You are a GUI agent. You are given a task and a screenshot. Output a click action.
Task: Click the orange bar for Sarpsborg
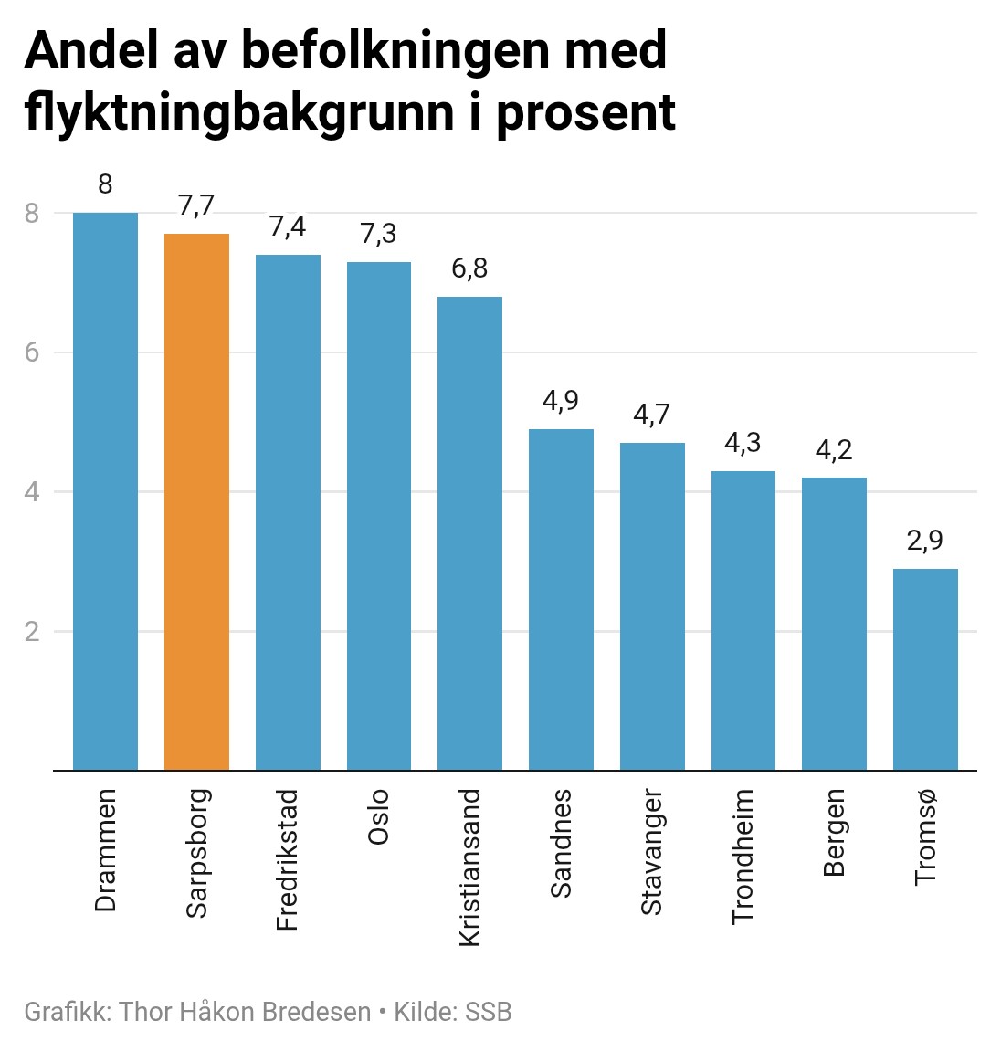(196, 502)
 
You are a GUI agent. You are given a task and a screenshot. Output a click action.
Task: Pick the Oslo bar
(378, 516)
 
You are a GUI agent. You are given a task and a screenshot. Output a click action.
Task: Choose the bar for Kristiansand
(469, 533)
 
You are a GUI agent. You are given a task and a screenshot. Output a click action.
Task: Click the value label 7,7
(196, 206)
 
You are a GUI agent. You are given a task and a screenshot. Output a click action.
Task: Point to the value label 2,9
(925, 541)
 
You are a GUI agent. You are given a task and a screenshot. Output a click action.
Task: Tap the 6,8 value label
(469, 268)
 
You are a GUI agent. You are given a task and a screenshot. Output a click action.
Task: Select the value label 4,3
(743, 443)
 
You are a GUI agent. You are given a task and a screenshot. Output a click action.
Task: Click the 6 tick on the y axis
(33, 352)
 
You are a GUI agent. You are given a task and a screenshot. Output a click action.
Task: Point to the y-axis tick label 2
(33, 632)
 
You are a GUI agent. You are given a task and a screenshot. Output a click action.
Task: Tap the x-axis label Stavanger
(651, 852)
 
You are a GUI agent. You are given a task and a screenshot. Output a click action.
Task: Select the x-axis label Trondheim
(743, 857)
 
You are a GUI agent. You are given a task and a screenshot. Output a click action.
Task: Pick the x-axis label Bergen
(834, 833)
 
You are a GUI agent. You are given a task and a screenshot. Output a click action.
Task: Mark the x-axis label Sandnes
(561, 843)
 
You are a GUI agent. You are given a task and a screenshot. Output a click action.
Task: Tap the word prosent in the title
(585, 113)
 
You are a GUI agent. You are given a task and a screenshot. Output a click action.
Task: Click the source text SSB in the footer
(489, 1012)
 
